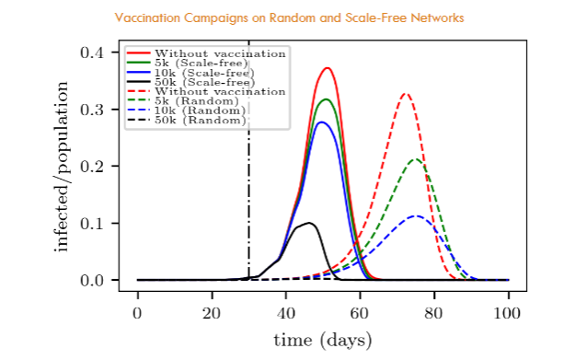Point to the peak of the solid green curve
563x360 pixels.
(327, 99)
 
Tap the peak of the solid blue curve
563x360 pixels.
(321, 122)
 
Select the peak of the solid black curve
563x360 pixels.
(310, 223)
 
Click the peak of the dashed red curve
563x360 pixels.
(404, 94)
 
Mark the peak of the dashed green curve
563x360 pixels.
(416, 160)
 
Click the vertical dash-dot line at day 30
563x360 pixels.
(248, 184)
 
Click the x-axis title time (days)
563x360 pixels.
(322, 340)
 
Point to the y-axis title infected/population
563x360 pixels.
(62, 166)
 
